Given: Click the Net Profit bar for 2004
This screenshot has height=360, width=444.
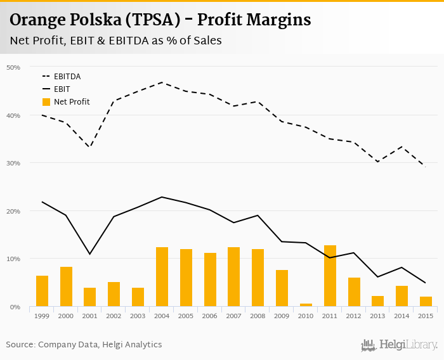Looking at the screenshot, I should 162,277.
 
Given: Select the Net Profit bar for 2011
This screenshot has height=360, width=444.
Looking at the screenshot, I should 330,276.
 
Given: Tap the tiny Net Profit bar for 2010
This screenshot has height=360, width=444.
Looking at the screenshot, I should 306,305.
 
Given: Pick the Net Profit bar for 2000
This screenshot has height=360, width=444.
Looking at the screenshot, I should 66,286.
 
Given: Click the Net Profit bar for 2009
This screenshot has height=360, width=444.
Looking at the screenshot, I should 282,288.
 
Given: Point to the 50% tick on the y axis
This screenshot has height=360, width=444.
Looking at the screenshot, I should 13,67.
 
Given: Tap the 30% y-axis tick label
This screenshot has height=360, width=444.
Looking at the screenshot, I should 13,163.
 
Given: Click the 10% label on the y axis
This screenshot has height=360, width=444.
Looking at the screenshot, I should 13,259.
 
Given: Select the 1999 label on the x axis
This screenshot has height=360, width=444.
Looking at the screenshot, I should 42,316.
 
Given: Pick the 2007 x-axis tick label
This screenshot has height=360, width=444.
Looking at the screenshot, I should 233,316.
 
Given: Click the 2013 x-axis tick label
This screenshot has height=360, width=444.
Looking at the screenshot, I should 377,316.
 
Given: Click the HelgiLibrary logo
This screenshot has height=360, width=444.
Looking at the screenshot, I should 400,345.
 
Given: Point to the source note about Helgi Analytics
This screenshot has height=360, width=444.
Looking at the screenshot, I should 84,345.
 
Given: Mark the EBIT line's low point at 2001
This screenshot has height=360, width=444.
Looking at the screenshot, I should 90,254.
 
